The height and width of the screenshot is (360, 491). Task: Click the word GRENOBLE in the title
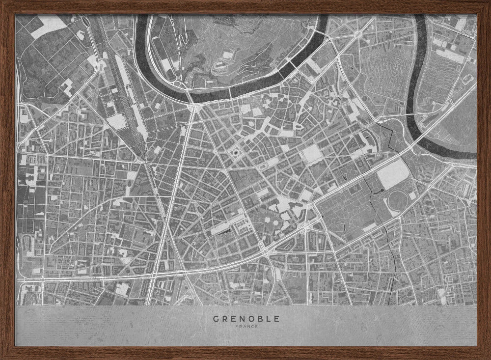pos(245,318)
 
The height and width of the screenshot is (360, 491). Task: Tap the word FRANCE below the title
pos(245,326)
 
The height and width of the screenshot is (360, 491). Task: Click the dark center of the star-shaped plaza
pos(235,153)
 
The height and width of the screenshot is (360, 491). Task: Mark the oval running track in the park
pos(399,201)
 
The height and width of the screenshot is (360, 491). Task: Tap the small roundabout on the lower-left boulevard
pos(43,279)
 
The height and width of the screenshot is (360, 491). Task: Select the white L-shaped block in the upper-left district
pos(66,87)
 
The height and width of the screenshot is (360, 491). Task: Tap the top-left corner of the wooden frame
pos(2,2)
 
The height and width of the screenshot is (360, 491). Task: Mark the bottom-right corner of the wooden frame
pos(488,357)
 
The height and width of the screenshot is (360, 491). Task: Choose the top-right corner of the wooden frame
pos(488,2)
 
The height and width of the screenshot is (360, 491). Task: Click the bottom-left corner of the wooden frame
pos(2,357)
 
